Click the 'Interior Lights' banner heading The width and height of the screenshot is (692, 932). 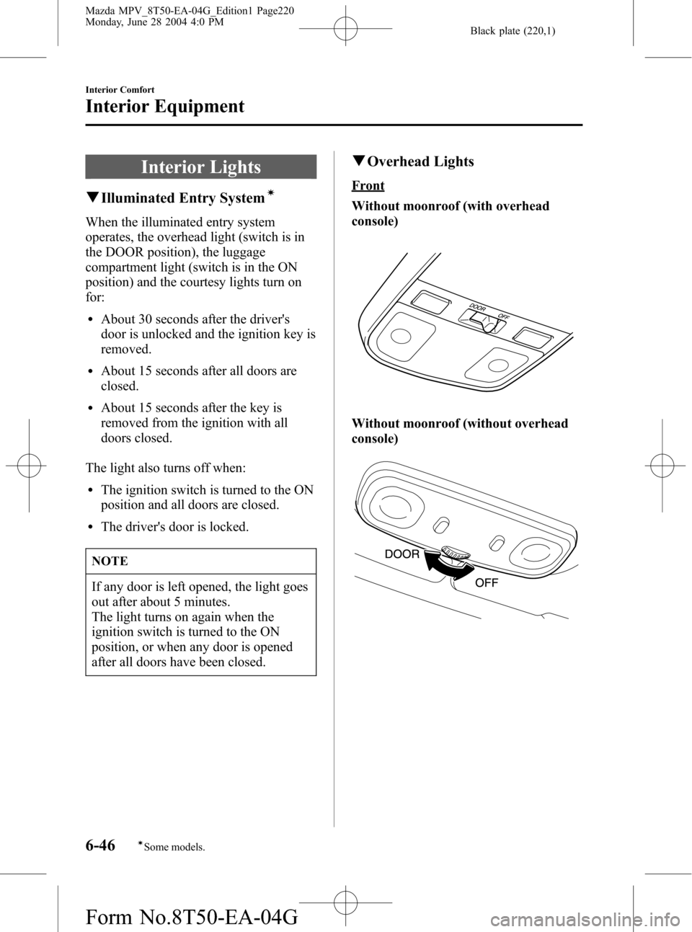(x=200, y=167)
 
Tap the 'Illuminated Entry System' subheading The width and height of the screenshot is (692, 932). (x=182, y=198)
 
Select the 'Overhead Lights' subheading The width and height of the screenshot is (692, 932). (x=420, y=162)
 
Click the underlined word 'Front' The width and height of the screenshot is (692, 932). (x=368, y=185)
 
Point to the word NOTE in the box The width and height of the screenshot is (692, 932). (x=110, y=561)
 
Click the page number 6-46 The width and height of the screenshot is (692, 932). (x=100, y=844)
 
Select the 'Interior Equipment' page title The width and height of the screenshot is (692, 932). (x=164, y=107)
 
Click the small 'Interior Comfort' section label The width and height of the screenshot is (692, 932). (x=120, y=89)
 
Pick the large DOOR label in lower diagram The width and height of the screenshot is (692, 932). (x=402, y=554)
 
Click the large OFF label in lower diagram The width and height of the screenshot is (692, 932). (x=487, y=582)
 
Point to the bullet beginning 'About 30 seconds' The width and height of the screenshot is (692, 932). (x=208, y=334)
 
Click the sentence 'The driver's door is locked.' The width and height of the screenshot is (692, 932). (x=174, y=527)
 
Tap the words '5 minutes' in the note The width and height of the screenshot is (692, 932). (x=205, y=602)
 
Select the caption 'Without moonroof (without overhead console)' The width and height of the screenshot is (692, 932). (x=459, y=431)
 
